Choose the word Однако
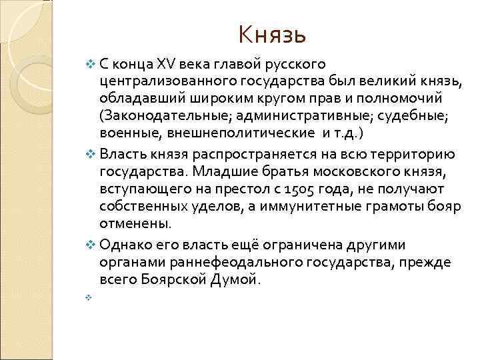[x=124, y=245]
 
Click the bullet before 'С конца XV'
[x=91, y=65]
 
